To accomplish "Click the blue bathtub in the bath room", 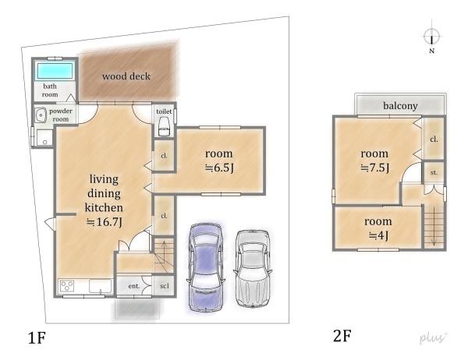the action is coord(55,70).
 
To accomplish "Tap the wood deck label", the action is coord(126,76).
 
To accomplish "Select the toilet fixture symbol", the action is coord(164,127).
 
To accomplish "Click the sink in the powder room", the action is coord(40,115).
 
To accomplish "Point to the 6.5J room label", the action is coord(219,161).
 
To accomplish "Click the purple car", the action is coord(206,267).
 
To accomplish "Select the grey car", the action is coord(253,268).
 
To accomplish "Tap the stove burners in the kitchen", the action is coord(67,287).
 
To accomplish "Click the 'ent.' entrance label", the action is coord(134,286).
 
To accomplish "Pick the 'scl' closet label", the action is coord(165,286).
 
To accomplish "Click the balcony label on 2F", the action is coord(400,105).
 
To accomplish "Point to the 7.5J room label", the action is coord(375,161).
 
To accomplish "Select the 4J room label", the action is coord(378,228).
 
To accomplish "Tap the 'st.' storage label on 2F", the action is coord(434,173).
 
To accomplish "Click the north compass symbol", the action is coord(431,37).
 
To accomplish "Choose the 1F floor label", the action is coord(37,338).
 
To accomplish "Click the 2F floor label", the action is coord(342,336).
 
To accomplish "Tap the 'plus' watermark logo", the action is coord(434,337).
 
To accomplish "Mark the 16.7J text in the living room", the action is coord(104,222).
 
